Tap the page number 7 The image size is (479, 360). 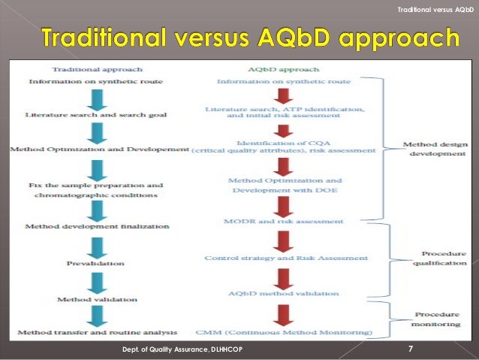pos(410,348)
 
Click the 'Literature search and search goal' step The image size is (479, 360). pos(95,115)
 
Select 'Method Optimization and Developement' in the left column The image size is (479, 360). pos(98,150)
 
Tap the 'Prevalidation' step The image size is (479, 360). pos(96,264)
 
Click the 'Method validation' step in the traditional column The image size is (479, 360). pos(96,298)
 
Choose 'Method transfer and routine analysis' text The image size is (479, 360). pos(97,331)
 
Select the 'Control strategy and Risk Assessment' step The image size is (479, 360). pos(286,258)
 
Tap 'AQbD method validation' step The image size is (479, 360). pos(284,293)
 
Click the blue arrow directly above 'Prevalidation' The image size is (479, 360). pos(95,245)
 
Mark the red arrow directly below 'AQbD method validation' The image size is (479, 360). pos(284,312)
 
